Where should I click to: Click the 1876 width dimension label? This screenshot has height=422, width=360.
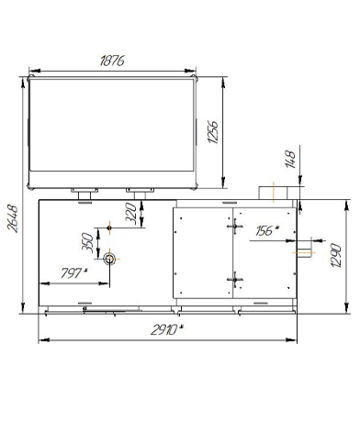[x=112, y=61]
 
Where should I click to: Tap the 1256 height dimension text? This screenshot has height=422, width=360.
[x=213, y=132]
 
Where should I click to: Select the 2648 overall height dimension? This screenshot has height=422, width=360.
[x=13, y=219]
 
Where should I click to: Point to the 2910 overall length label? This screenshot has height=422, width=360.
[x=164, y=330]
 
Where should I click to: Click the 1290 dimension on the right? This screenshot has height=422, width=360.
[x=336, y=255]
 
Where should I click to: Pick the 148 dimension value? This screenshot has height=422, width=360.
[x=290, y=159]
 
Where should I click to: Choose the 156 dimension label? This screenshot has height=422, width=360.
[x=264, y=231]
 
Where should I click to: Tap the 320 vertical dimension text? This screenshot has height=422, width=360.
[x=130, y=213]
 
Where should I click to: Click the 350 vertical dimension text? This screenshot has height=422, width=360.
[x=87, y=242]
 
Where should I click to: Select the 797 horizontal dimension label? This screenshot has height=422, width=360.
[x=72, y=273]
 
